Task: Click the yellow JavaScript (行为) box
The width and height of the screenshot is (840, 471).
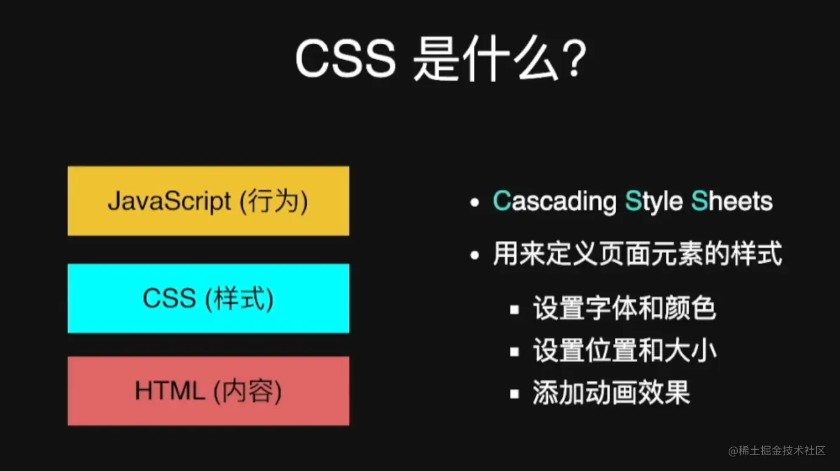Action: point(208,201)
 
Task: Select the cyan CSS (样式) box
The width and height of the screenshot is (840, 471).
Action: point(208,298)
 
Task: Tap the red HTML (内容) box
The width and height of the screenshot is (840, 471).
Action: point(208,391)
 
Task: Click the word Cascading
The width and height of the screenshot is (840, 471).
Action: point(554,201)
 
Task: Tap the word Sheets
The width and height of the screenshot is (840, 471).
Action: point(732,201)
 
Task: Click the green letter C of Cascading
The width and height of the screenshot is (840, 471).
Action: point(502,201)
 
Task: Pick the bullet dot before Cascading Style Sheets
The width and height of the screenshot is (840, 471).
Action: point(475,203)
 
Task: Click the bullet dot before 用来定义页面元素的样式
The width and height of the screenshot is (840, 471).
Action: point(475,256)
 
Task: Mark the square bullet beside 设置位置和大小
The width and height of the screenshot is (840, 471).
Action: point(515,352)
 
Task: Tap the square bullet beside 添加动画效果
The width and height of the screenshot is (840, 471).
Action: point(515,394)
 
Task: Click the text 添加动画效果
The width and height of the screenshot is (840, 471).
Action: point(611,393)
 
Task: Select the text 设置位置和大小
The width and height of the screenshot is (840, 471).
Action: point(625,351)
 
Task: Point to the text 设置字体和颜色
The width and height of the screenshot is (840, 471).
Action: point(625,309)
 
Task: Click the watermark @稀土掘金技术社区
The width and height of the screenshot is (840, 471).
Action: point(777,451)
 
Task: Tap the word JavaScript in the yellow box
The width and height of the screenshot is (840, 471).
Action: point(170,201)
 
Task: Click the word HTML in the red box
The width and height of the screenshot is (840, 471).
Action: point(170,391)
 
